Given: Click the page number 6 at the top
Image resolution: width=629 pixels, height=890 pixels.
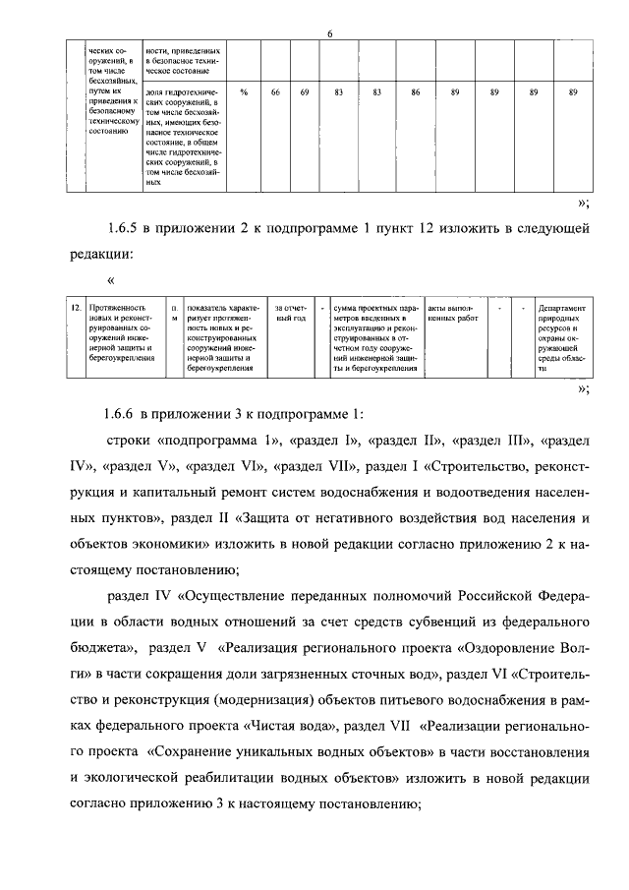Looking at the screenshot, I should [330, 35].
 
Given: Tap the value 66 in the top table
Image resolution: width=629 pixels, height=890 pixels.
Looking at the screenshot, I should [276, 91].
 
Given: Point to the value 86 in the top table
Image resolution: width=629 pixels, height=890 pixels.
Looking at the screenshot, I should [416, 91].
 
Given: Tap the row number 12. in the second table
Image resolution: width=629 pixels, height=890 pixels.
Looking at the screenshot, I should [75, 308].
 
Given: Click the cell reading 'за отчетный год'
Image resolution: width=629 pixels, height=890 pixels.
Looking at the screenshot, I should [291, 314].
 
